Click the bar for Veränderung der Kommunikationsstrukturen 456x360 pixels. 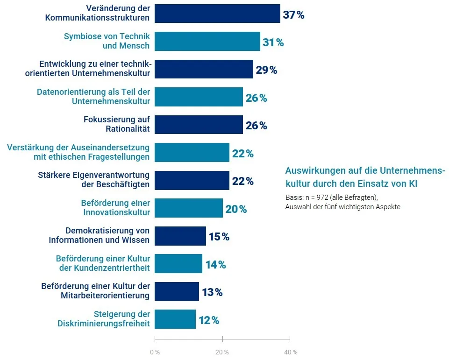(217, 14)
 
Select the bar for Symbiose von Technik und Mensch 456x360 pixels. (207, 41)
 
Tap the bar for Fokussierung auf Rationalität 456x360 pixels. (199, 125)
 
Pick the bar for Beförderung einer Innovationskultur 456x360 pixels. (189, 208)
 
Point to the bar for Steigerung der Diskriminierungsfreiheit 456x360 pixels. (175, 319)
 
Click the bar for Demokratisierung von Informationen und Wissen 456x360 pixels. (180, 236)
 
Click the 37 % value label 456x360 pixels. (293, 15)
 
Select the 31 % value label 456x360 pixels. (273, 42)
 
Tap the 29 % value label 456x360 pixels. (266, 71)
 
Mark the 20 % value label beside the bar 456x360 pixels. (236, 209)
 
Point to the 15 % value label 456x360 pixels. (219, 237)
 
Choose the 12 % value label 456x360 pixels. (209, 320)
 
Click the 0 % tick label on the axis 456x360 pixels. (155, 352)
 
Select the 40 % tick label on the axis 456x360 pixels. (290, 352)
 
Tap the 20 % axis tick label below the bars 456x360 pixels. (222, 352)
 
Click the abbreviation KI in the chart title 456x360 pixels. (413, 184)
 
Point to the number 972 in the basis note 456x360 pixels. (322, 197)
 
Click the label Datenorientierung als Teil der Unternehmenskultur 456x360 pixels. (93, 97)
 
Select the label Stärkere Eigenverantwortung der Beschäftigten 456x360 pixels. (93, 180)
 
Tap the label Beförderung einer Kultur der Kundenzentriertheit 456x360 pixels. (103, 263)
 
